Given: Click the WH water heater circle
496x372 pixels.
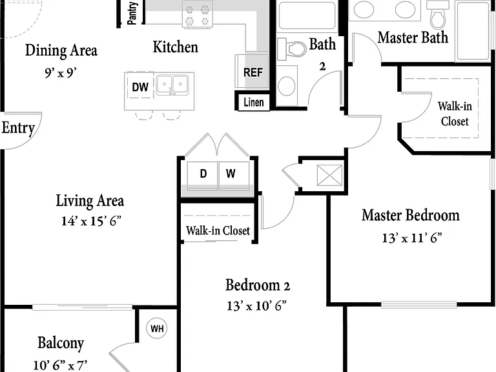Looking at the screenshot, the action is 157,328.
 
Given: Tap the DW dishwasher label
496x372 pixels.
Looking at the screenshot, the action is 139,87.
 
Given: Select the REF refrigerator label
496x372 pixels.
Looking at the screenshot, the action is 253,72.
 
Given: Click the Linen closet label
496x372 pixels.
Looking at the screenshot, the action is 254,102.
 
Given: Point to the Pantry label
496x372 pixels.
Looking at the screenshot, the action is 132,13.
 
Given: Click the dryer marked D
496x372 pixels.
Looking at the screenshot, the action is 202,176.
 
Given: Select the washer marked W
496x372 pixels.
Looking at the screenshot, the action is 234,176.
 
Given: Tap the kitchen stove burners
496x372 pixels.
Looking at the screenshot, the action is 197,15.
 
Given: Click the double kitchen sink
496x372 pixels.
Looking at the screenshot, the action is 172,85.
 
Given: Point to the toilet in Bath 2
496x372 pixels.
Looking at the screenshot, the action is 292,48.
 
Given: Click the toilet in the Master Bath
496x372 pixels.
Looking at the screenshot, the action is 438,15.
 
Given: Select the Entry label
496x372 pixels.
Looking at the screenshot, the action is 18,128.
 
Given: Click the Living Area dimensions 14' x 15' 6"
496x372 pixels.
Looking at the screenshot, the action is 92,221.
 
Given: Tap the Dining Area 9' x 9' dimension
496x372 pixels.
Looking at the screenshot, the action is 61,73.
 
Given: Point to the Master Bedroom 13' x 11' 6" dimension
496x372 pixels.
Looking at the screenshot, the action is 412,238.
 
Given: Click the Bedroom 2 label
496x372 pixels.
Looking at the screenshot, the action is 258,285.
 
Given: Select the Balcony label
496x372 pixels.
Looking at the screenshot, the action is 61,343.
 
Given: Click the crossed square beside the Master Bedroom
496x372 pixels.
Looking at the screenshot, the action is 329,176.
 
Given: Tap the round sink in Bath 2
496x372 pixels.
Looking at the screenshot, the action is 287,85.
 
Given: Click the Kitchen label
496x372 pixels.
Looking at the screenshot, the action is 176,46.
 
